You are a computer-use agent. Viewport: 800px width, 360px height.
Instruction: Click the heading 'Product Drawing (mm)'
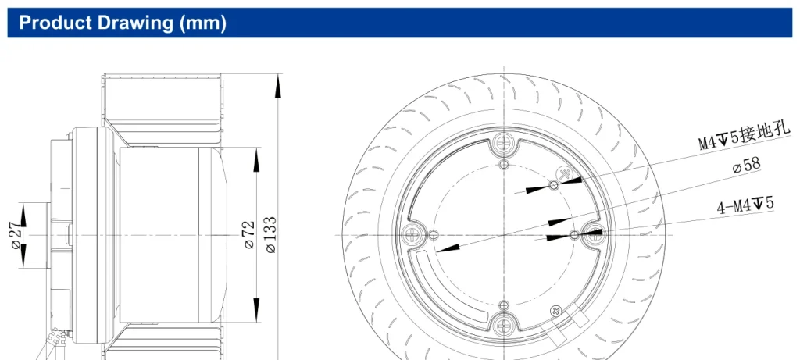pyautogui.click(x=123, y=23)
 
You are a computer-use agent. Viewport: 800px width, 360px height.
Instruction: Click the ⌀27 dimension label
pyautogui.click(x=17, y=236)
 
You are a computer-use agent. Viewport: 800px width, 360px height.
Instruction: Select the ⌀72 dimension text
pyautogui.click(x=249, y=235)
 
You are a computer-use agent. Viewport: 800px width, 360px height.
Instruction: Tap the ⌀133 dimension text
pyautogui.click(x=271, y=235)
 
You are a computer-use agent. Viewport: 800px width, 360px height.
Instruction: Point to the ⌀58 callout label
pyautogui.click(x=746, y=166)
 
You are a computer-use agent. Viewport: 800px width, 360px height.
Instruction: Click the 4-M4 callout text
pyautogui.click(x=745, y=205)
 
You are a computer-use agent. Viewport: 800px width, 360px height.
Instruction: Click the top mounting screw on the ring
pyautogui.click(x=504, y=141)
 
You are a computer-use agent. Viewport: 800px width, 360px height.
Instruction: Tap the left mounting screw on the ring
pyautogui.click(x=411, y=235)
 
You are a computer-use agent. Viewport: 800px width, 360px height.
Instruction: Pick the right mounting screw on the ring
pyautogui.click(x=595, y=234)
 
